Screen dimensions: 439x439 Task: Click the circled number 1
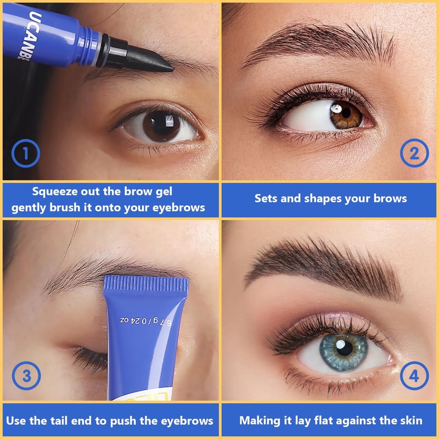coord(26,154)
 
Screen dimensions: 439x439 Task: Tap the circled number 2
coord(414,153)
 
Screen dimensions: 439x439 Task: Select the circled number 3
coord(26,376)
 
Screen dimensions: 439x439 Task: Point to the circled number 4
coord(414,376)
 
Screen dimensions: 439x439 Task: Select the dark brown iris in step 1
coord(161,126)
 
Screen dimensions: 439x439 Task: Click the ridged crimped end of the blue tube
coord(146,283)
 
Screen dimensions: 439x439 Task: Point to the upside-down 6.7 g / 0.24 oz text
coord(146,322)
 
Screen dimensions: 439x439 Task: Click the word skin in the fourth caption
coord(411,420)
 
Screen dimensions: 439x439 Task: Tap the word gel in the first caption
coord(164,192)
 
